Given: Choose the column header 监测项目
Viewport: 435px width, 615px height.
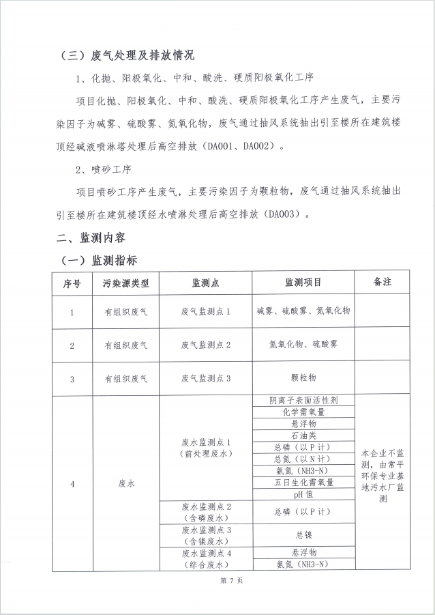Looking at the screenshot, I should pos(303,283).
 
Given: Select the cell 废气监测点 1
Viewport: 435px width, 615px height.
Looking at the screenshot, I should pos(205,312).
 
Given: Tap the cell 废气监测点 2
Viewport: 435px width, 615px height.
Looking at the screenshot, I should pos(205,345).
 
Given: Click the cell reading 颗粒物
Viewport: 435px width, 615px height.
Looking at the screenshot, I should pos(303,377).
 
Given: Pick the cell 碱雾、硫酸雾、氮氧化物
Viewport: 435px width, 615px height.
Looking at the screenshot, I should pos(303,311).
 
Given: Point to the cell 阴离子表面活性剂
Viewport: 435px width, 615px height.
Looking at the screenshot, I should pos(303,401).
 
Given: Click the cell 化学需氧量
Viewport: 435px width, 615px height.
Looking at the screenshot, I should pos(303,412).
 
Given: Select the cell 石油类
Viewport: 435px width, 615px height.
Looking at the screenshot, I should pos(303,435).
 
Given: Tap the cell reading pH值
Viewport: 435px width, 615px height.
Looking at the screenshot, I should pos(303,494).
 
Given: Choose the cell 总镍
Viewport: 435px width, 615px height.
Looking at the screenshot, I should pos(303,535).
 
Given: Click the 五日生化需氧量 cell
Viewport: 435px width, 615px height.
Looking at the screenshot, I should pos(303,482).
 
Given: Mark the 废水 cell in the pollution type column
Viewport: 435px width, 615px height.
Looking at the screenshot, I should pos(125,484).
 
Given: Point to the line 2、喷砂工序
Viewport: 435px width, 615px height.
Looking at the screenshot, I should pos(102,169).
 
